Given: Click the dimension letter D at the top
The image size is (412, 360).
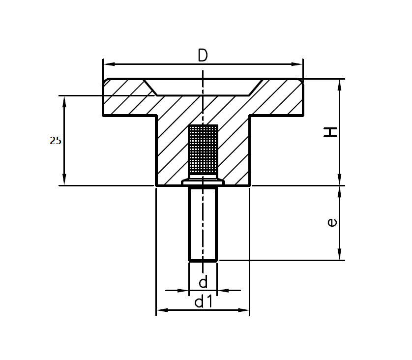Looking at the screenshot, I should click(x=203, y=55).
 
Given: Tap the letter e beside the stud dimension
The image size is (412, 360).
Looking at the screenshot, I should click(x=332, y=223).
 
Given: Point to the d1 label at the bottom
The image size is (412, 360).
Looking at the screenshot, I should click(x=203, y=301).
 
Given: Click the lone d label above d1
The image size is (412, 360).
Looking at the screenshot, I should click(x=203, y=282).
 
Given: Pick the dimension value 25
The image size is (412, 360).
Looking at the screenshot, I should click(x=56, y=141).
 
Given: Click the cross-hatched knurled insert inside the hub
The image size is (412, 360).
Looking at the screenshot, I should click(x=203, y=150).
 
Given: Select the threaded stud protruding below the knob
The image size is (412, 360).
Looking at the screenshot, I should click(x=203, y=224).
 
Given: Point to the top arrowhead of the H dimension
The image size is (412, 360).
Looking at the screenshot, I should click(x=339, y=85).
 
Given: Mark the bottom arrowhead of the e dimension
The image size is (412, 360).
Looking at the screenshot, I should click(x=339, y=254).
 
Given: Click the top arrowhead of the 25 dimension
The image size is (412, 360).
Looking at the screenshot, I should click(x=64, y=101).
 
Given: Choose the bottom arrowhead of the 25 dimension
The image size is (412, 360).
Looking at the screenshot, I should click(x=64, y=180).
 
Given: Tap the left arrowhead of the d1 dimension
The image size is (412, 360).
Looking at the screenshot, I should click(x=162, y=310).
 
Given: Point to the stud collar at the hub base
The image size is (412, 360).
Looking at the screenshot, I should click(x=203, y=183).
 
